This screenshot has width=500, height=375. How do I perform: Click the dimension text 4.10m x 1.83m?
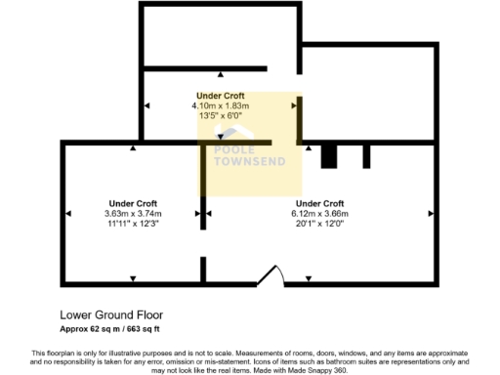coord(221,105)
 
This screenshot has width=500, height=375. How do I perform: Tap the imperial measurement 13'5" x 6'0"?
coord(221,115)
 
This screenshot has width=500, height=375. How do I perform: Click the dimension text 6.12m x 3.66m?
coord(319,213)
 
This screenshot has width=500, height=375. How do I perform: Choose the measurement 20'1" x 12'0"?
coord(319,224)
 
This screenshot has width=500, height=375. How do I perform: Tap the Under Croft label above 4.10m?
coord(221,96)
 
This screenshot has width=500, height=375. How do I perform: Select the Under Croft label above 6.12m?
coord(319,203)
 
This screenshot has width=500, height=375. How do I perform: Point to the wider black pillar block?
coord(329,156)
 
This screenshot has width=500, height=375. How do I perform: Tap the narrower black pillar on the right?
coord(367,156)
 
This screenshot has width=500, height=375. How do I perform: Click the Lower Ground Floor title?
coord(111,315)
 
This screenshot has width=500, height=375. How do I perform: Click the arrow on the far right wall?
coord(431,213)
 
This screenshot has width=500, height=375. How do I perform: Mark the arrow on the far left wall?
coord(66,213)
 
